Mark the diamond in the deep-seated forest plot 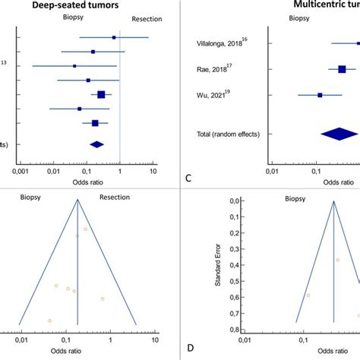(x=96, y=144)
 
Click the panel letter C (x=188, y=178)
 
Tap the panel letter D (x=188, y=351)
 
